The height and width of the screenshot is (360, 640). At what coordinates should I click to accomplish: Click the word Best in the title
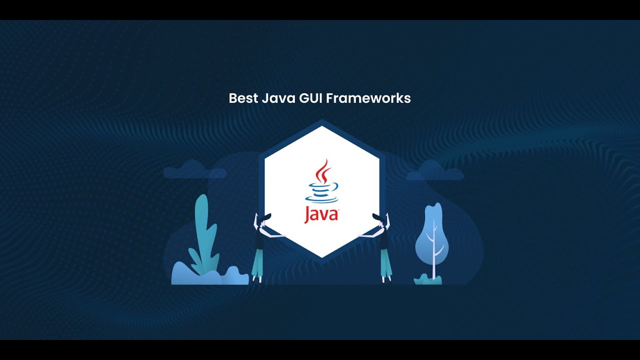(x=243, y=98)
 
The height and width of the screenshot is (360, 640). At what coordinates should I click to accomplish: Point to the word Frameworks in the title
(x=368, y=98)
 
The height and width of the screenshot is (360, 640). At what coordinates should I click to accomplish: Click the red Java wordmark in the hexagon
(x=321, y=214)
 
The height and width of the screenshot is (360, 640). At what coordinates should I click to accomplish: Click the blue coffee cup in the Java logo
(x=322, y=192)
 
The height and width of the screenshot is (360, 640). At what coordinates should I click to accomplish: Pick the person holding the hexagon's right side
(x=384, y=245)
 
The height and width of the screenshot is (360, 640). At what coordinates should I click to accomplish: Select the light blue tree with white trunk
(x=432, y=235)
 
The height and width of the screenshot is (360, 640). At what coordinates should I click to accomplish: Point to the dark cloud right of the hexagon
(x=435, y=171)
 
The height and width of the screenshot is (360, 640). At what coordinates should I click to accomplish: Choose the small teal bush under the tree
(x=428, y=279)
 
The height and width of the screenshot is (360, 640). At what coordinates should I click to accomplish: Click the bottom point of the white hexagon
(x=322, y=255)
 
